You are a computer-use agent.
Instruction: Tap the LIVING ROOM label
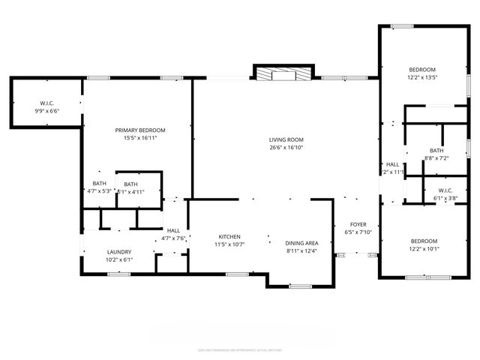point(286,139)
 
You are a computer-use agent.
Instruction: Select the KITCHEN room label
point(229,236)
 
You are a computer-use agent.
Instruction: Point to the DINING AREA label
point(302,243)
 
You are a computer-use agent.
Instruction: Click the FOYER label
point(358,224)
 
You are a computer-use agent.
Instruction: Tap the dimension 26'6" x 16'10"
point(286,148)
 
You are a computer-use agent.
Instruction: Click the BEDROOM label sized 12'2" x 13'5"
point(421,68)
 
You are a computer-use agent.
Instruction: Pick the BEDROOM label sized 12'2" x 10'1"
point(424,241)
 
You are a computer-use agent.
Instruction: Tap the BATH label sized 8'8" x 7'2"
point(436,150)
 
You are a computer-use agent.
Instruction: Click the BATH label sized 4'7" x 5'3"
point(99,183)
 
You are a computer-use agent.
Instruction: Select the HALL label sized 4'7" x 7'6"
point(173,230)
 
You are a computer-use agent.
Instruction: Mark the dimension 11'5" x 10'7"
point(229,244)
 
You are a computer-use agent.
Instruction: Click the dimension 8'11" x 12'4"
point(302,251)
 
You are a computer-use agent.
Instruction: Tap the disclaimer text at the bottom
point(240,349)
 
